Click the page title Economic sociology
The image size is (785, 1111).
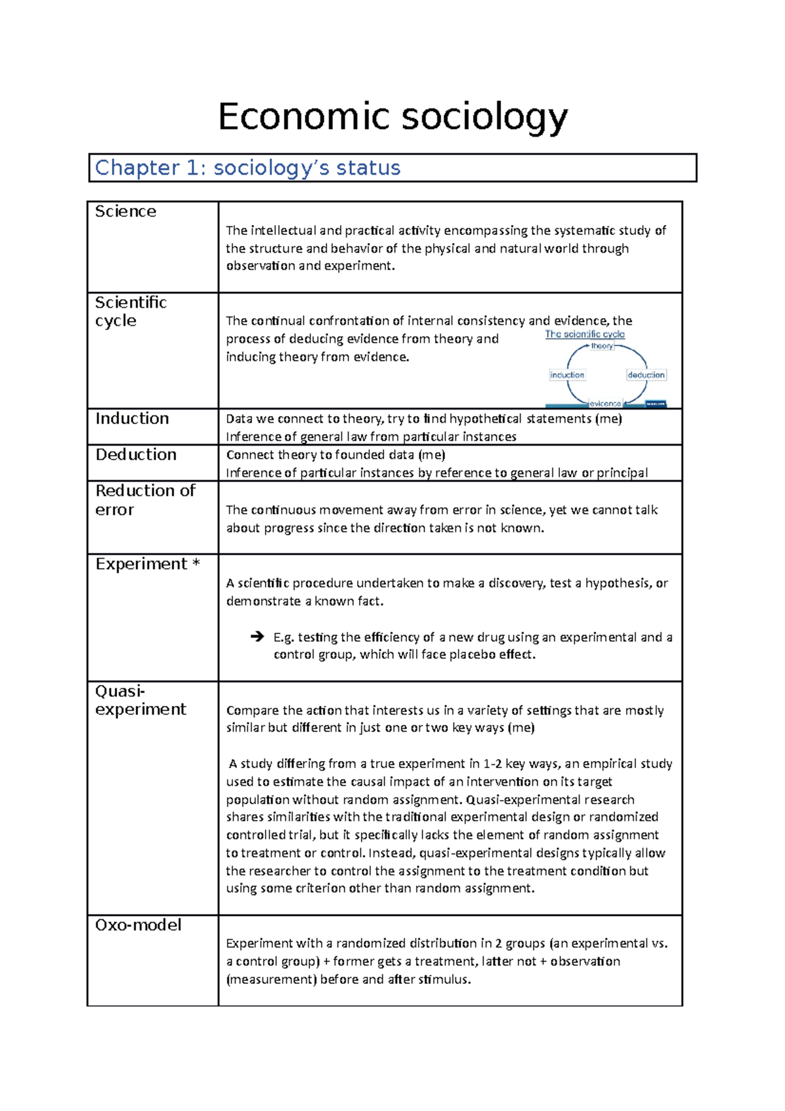(392, 118)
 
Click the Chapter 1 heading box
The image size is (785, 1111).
(392, 168)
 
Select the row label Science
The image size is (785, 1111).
(126, 211)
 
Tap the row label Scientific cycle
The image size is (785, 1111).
(130, 311)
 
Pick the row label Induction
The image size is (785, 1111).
(132, 419)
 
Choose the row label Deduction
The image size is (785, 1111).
(136, 455)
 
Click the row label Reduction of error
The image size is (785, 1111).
(145, 500)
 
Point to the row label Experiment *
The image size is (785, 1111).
(147, 564)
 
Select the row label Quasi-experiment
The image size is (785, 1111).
(140, 700)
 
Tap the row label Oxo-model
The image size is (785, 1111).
(138, 925)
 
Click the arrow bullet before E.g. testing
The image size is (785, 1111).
(257, 637)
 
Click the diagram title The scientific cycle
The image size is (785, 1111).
(585, 334)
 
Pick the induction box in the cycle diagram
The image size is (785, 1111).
(567, 375)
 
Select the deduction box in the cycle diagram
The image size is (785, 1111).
(646, 375)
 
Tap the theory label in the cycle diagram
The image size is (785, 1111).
(602, 346)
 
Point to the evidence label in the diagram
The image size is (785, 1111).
(605, 404)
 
